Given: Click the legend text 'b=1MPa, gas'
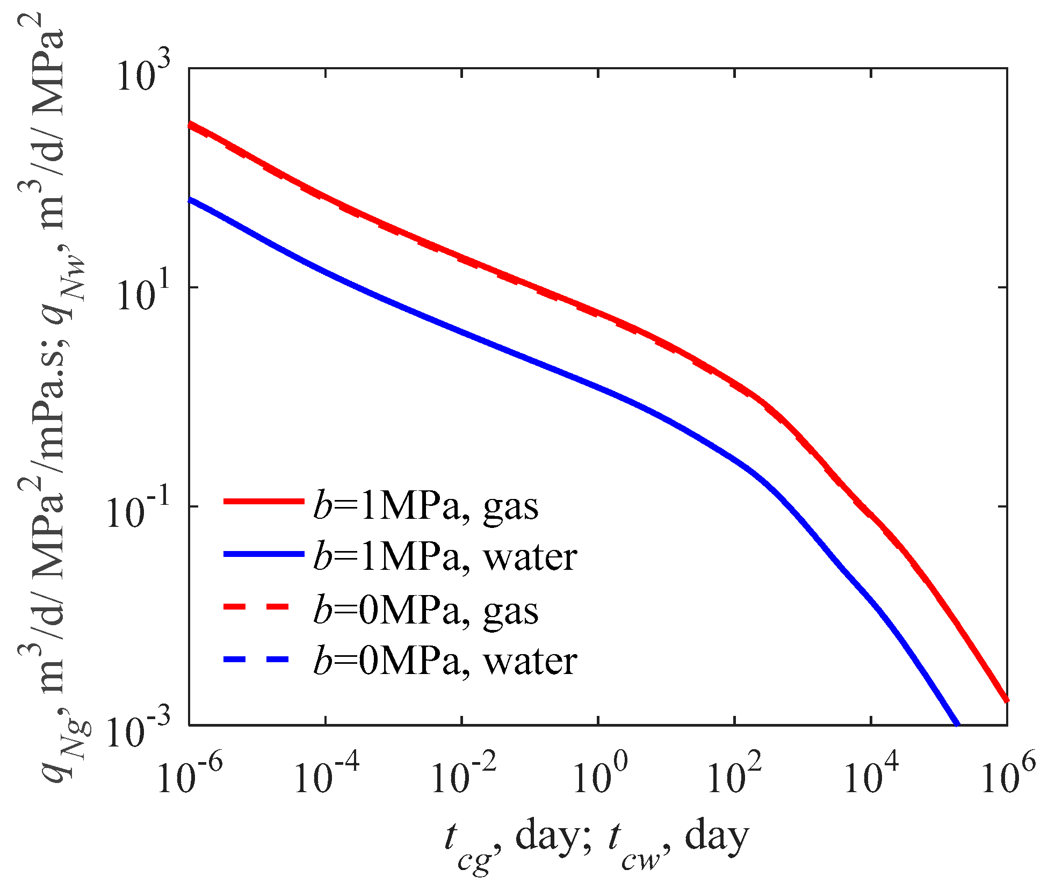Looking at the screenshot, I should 425,506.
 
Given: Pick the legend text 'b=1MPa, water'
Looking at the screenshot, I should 445,557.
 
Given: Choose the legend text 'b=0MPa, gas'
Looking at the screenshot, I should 425,611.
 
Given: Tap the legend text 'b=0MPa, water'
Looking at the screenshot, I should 445,661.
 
